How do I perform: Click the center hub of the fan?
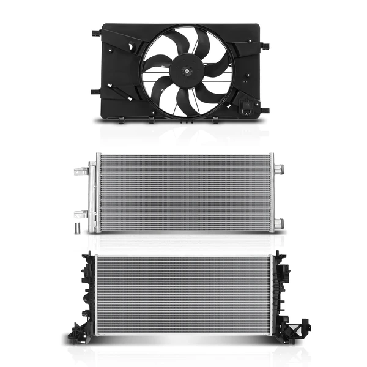tap(185, 72)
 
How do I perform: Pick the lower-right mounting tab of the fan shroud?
tap(265, 111)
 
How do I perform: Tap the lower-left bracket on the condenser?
tap(80, 213)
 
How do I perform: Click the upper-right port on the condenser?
tap(279, 168)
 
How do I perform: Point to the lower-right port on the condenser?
tap(279, 224)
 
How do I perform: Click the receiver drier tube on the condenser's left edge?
tap(92, 196)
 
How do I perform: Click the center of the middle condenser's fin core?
tap(184, 193)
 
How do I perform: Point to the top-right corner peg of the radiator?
tap(276, 253)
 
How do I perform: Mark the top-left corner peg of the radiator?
tap(91, 253)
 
